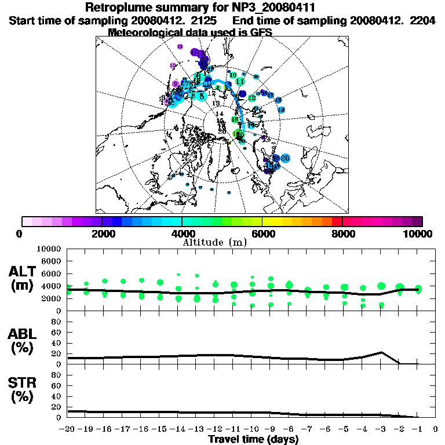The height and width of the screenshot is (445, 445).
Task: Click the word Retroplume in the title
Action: click(119, 8)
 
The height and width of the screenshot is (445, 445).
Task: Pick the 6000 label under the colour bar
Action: click(262, 234)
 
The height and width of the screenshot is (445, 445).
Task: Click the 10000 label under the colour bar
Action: click(419, 234)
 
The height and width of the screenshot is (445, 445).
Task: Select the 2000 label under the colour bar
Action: click(101, 234)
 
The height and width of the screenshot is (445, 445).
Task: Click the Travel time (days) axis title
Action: click(253, 439)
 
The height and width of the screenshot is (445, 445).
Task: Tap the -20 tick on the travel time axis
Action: click(68, 429)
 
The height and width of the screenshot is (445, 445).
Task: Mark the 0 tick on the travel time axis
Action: click(435, 429)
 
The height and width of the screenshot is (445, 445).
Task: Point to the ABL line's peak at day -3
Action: click(381, 352)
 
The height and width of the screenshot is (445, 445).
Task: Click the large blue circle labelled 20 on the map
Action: click(285, 158)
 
